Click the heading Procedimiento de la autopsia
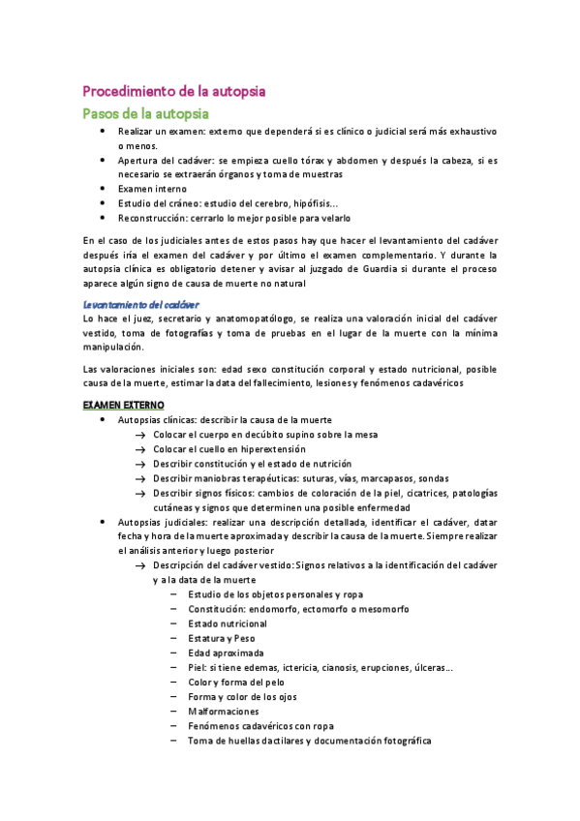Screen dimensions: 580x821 [174, 91]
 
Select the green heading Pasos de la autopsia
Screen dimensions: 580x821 [152, 113]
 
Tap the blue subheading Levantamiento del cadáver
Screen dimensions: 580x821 [140, 304]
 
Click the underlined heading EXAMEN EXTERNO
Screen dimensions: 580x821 [124, 403]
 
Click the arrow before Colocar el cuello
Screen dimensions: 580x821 [141, 449]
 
